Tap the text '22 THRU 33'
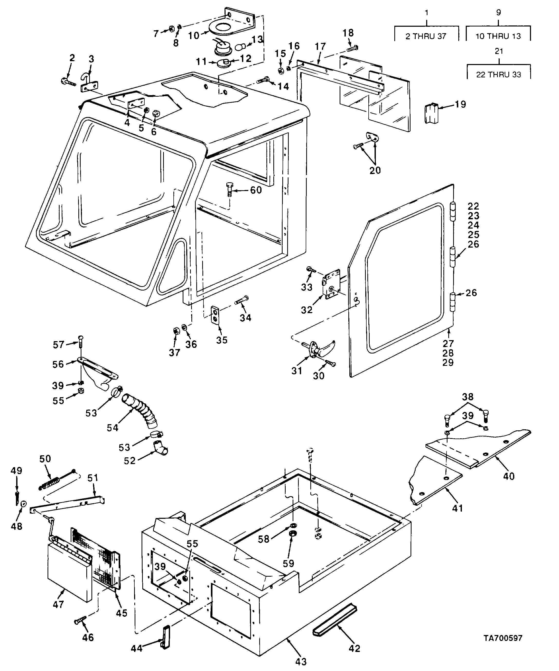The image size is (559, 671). point(498,75)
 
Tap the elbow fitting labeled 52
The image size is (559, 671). point(160,447)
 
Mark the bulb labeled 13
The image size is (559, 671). point(241,48)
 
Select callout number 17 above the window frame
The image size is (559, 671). point(320,47)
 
